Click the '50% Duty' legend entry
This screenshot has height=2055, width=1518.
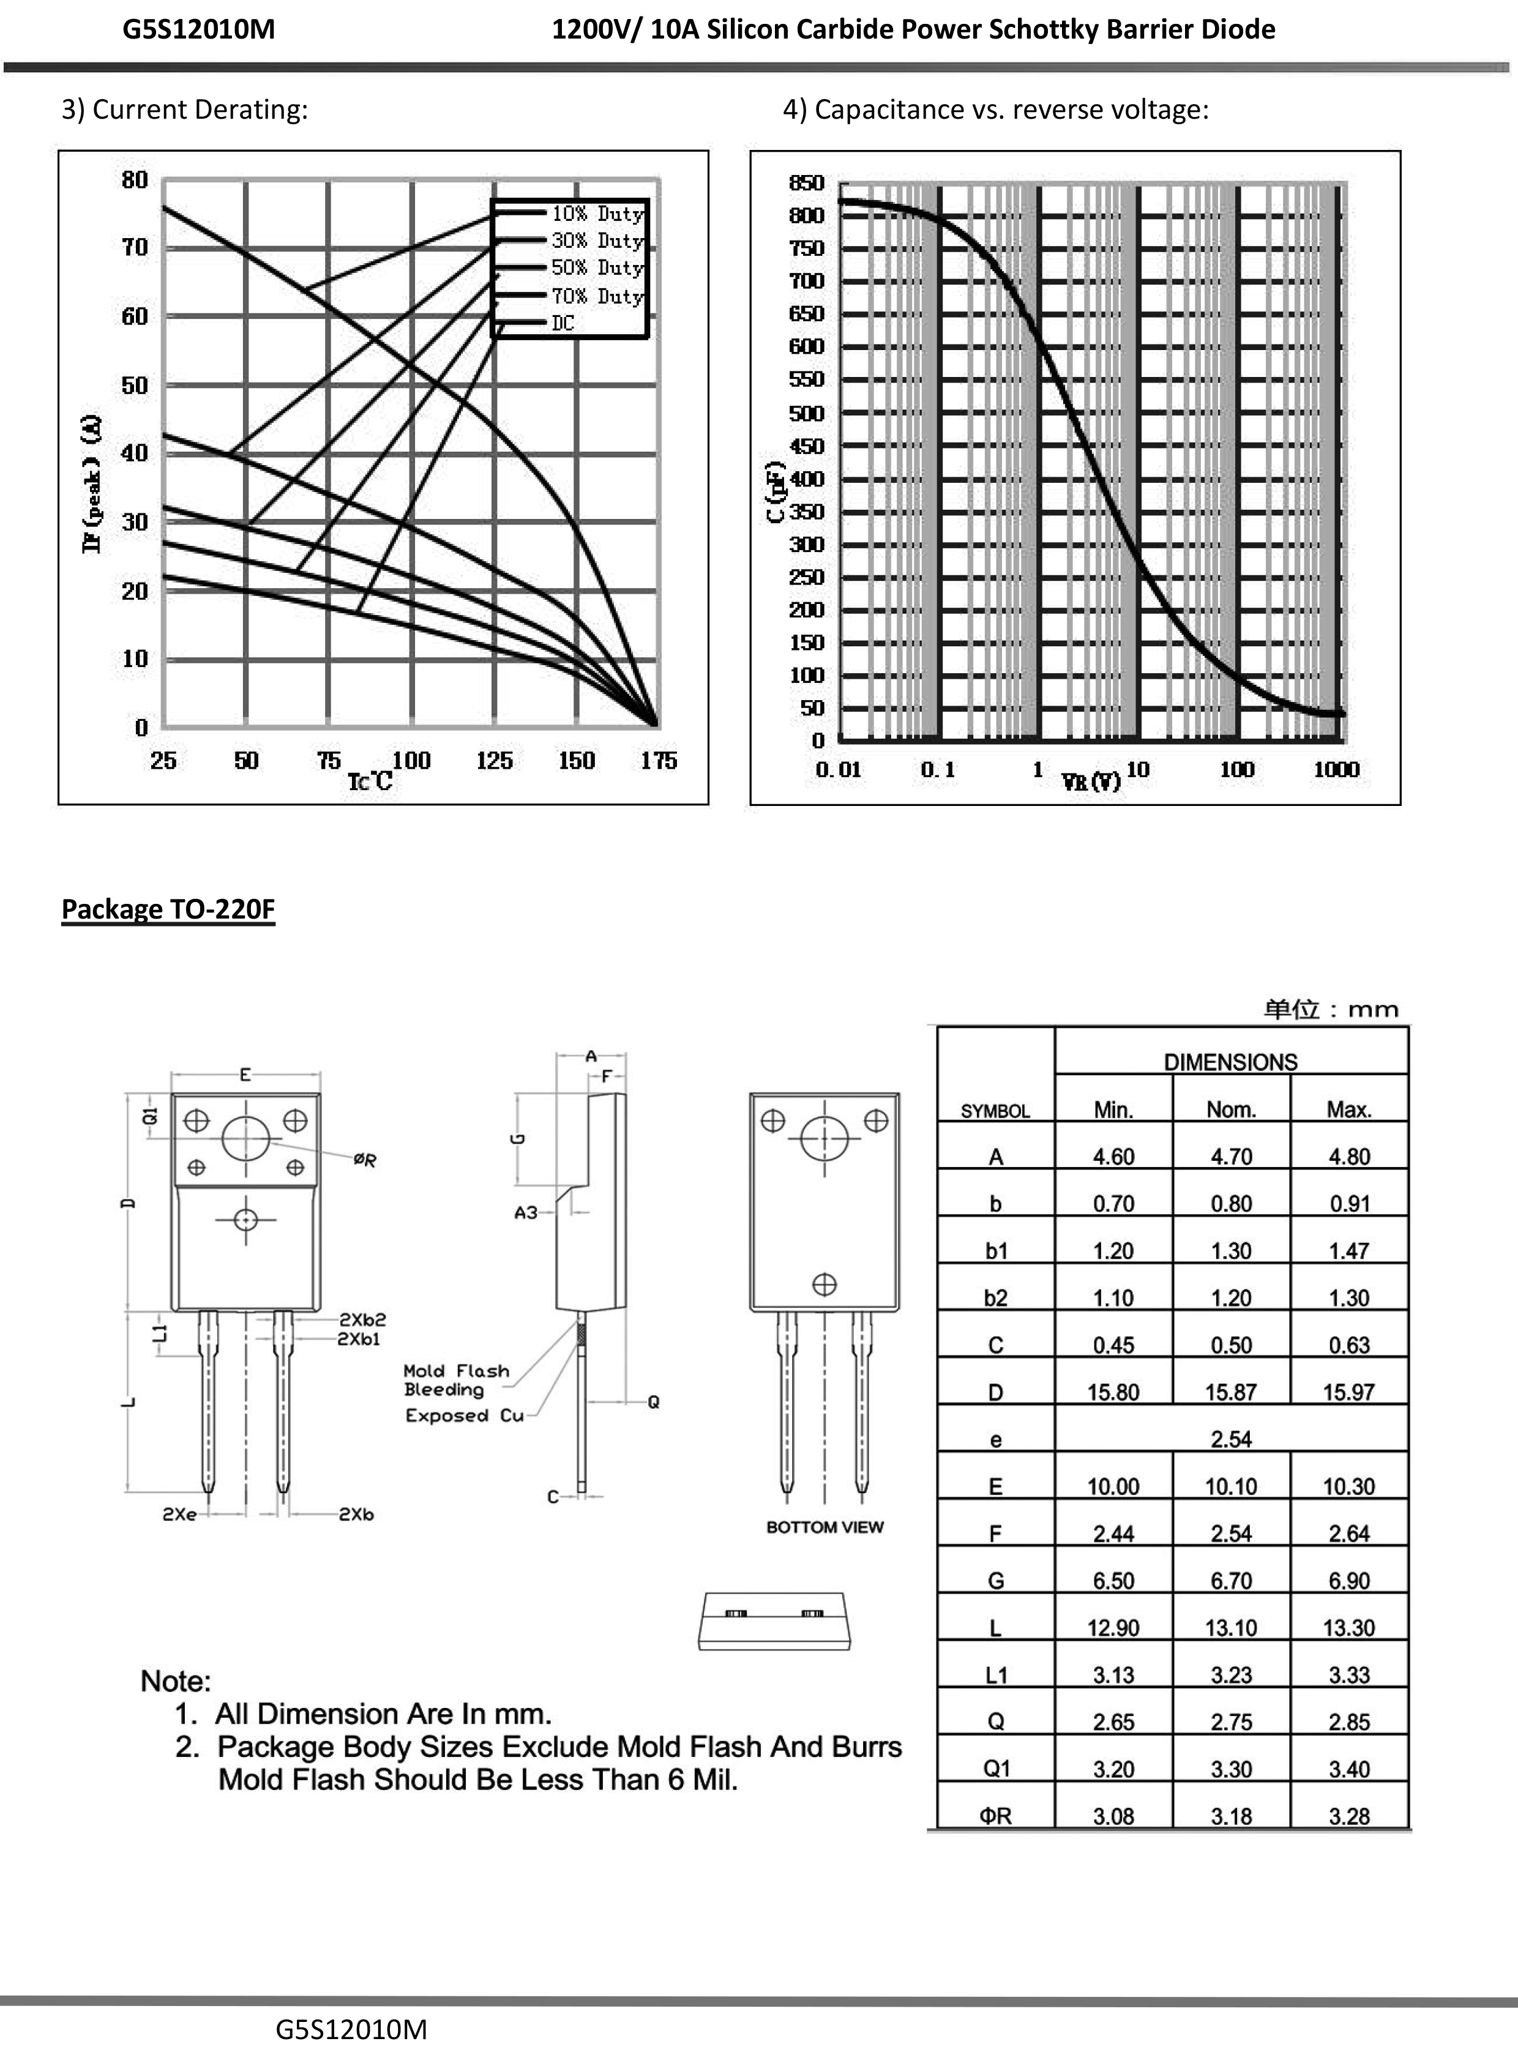[x=596, y=267]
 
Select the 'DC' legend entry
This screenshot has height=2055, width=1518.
[x=563, y=323]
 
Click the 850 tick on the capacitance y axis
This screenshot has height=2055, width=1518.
[x=806, y=183]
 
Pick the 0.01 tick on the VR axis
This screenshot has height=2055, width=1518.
[x=838, y=770]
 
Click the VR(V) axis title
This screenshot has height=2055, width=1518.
[x=1091, y=781]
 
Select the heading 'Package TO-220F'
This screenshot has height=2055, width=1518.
[x=168, y=909]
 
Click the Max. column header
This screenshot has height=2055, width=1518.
[x=1348, y=1110]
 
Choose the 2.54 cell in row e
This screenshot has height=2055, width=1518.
[x=1230, y=1439]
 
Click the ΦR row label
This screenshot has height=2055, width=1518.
[x=995, y=1816]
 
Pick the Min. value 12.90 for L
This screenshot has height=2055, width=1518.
[x=1113, y=1628]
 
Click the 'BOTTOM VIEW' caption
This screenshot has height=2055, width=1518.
[x=824, y=1527]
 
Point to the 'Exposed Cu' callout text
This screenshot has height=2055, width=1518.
[x=464, y=1415]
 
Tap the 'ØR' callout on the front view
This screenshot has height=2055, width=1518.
[x=365, y=1160]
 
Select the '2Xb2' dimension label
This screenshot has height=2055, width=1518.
[x=362, y=1320]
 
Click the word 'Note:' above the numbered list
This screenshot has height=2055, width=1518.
[x=176, y=1681]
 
